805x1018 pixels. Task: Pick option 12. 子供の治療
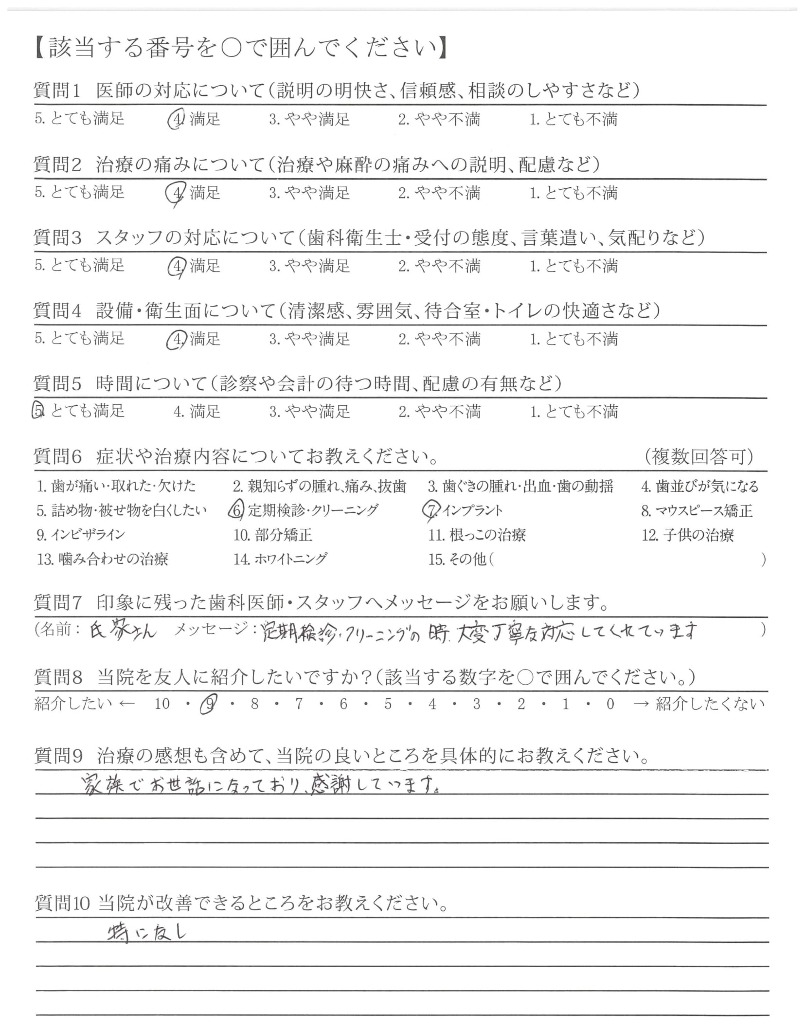click(688, 535)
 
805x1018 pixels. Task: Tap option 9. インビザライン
click(81, 535)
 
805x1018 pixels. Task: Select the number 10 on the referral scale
click(162, 704)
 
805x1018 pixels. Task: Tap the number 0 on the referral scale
click(610, 704)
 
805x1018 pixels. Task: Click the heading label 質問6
click(58, 457)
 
